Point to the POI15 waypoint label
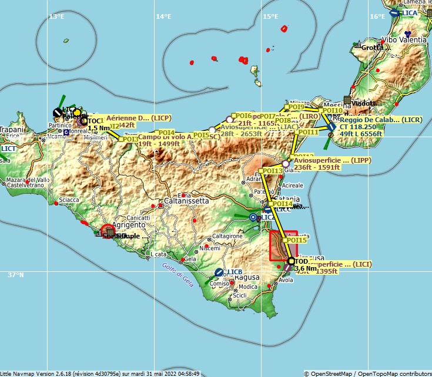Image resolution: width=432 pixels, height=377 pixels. point(296,240)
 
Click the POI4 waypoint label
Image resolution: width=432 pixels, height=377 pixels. point(166,133)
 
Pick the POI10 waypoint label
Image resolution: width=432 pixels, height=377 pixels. point(332,110)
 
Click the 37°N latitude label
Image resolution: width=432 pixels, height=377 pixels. point(16,274)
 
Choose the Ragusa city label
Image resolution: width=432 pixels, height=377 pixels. point(246,277)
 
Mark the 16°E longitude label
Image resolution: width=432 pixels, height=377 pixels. point(377,16)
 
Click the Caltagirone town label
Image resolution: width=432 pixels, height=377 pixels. point(227,235)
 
